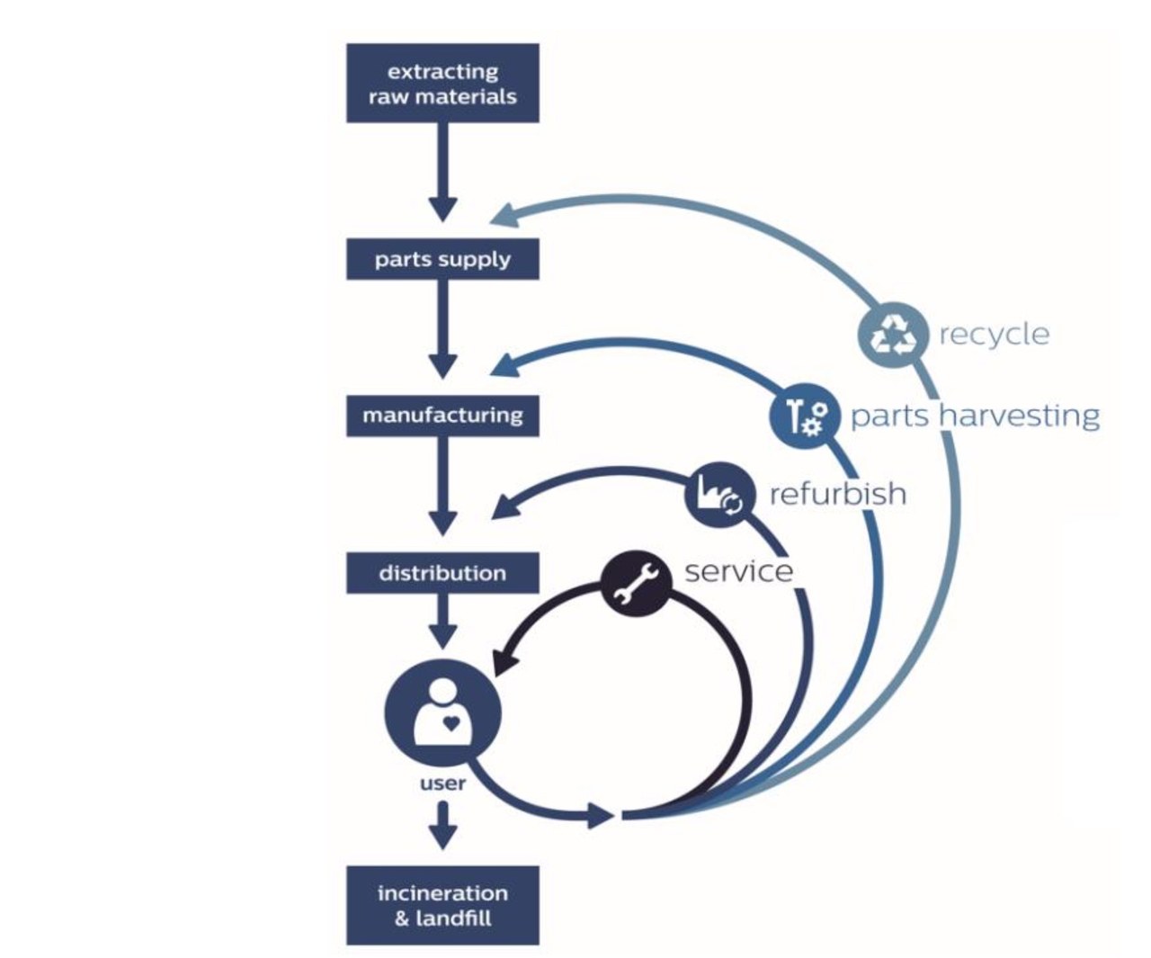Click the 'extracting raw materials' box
pos(442,83)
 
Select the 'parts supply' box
pos(442,259)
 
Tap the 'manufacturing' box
pos(442,416)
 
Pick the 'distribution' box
pos(442,573)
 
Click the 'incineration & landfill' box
pos(442,905)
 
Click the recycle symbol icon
pos(891,334)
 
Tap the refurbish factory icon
pos(718,494)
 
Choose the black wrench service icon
pos(634,585)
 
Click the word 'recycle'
pos(994,335)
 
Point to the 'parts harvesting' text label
pos(975,416)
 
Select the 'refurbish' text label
pos(837,494)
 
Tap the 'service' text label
pos(738,571)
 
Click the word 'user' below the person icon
pos(442,783)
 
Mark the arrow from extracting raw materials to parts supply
pos(442,171)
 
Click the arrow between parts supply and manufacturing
pos(442,327)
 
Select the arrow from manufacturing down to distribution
pos(442,486)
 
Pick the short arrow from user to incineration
pos(442,826)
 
